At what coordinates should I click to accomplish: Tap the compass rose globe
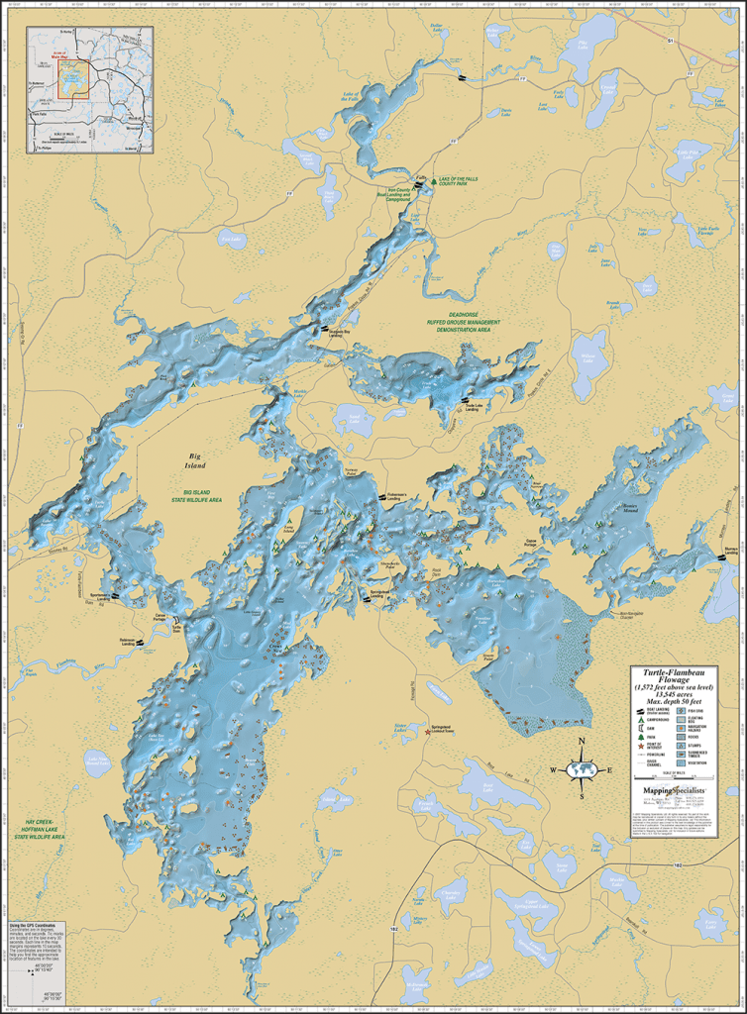(582, 769)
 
